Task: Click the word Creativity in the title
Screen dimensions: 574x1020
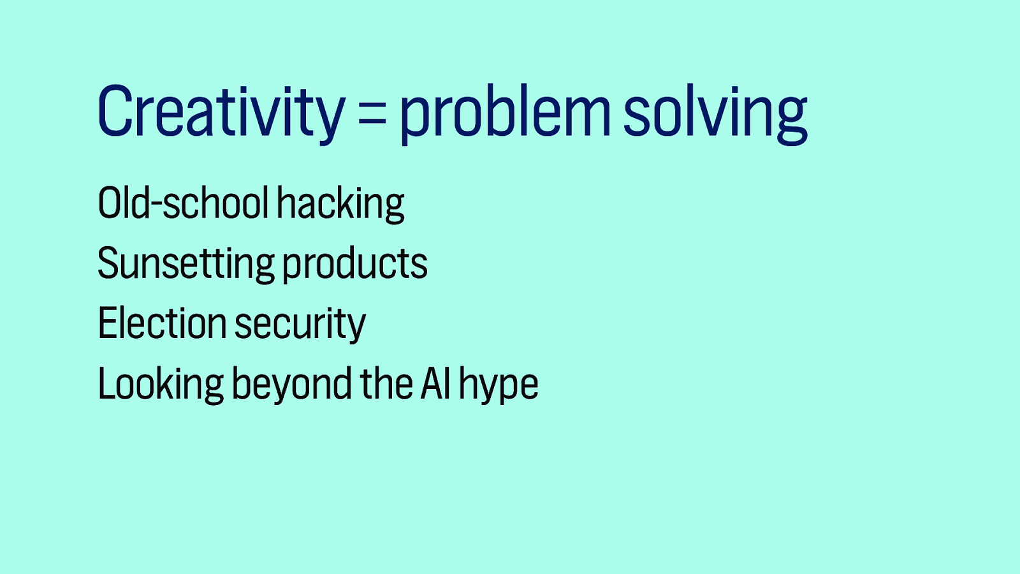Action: (x=221, y=112)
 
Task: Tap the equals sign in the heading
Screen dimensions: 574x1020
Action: (x=372, y=115)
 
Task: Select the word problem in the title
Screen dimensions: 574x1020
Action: (x=504, y=114)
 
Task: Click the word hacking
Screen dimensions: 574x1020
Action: (x=340, y=205)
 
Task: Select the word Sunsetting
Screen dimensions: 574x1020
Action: (x=186, y=264)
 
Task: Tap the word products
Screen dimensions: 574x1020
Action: (x=354, y=264)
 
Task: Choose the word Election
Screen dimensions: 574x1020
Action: (x=162, y=323)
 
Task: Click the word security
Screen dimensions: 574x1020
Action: (x=300, y=325)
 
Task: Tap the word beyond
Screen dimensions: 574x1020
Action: (x=291, y=385)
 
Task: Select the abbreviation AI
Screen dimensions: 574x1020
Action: (x=436, y=383)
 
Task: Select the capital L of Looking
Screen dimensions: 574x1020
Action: (x=107, y=385)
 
